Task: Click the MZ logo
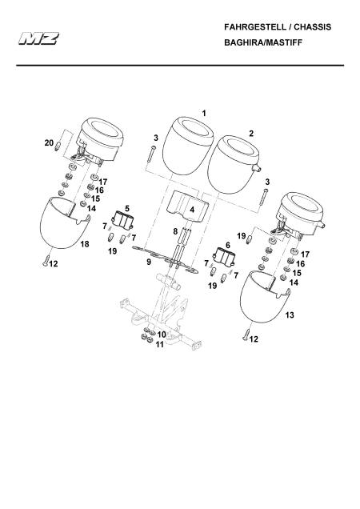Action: coord(38,38)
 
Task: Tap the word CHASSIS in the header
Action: coord(313,27)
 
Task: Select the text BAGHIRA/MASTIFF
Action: coord(263,42)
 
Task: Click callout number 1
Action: coord(204,114)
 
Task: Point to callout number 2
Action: coord(251,134)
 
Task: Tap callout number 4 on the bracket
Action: coord(192,210)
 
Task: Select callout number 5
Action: coord(127,208)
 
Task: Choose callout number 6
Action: coord(227,245)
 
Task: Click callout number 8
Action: coord(175,231)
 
